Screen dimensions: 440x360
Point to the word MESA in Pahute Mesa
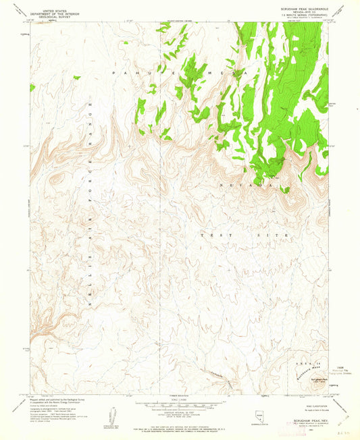(x=226, y=71)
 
